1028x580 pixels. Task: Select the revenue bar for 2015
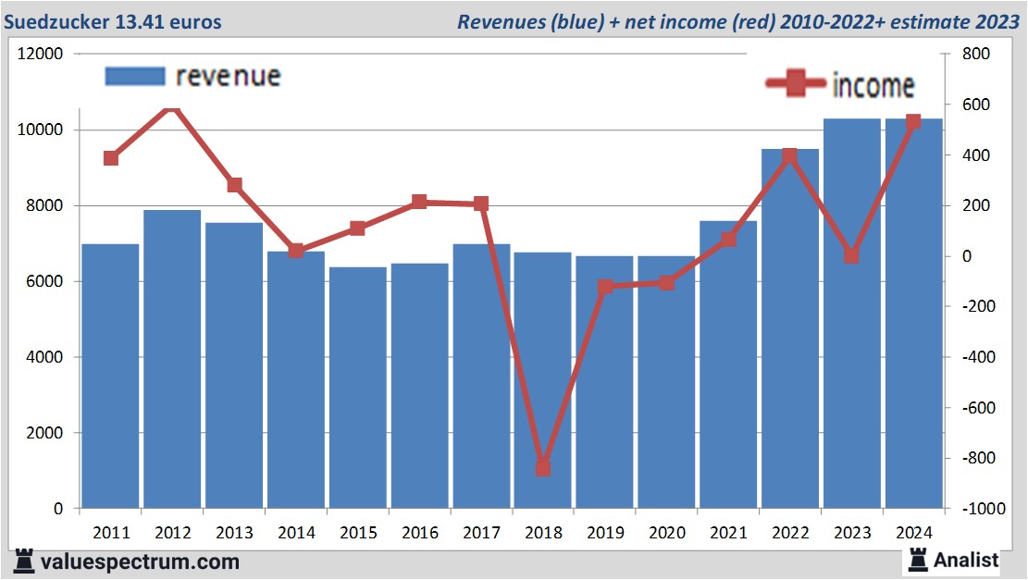(357, 388)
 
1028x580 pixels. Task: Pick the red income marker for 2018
(543, 468)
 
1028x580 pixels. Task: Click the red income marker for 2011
(111, 158)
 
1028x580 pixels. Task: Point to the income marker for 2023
(852, 256)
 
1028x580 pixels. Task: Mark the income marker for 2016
(419, 202)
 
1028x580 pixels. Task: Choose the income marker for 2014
(296, 251)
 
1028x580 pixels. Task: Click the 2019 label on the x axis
(605, 533)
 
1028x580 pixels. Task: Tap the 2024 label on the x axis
(913, 533)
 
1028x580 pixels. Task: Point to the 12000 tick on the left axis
(41, 55)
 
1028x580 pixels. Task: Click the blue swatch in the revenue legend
(135, 76)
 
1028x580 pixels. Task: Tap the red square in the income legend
(796, 84)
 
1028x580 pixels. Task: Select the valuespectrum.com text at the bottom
(138, 561)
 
